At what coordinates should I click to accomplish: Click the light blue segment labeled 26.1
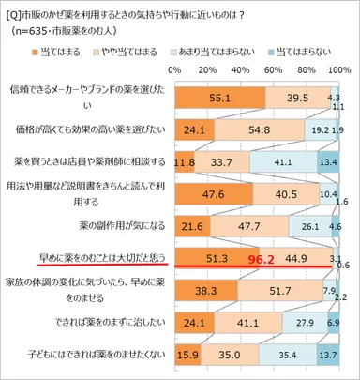[x=309, y=225]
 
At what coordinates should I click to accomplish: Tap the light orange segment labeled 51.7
[x=278, y=290]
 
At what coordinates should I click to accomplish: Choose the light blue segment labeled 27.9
[x=305, y=322]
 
